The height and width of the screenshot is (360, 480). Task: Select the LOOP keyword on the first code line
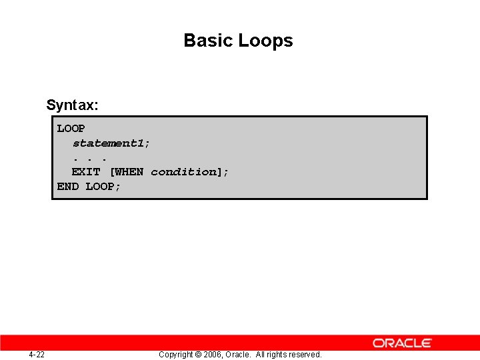71,128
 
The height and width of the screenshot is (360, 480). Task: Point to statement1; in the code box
111,143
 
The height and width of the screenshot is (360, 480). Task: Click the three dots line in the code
89,158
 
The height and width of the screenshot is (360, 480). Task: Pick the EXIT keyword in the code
86,172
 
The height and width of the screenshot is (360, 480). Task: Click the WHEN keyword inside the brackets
129,172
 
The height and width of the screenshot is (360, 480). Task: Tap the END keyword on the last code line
68,187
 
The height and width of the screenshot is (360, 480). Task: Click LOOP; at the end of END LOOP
103,187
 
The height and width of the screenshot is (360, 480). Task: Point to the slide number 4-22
37,354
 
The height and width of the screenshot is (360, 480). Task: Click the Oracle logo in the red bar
402,343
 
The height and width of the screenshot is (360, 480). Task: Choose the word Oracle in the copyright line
239,355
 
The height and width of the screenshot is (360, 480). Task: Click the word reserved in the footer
305,355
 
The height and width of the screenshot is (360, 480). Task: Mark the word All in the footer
261,355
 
